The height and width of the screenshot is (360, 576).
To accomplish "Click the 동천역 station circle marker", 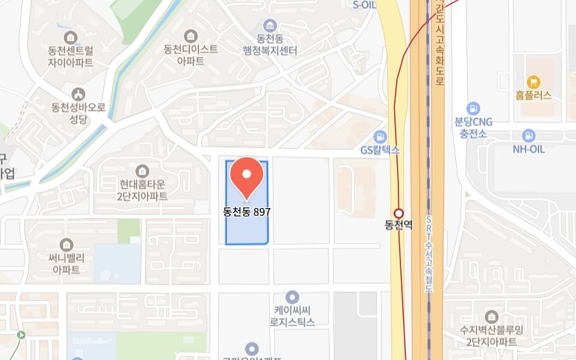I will click(x=398, y=213).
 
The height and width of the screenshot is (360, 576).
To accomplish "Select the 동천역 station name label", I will click(x=398, y=225).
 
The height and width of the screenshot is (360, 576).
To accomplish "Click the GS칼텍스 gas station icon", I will click(x=380, y=136).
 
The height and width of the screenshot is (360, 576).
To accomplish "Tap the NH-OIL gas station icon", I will click(x=528, y=136).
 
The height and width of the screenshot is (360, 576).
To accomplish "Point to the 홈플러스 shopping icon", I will click(x=533, y=82).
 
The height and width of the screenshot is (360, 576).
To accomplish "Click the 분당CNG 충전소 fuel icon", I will click(x=473, y=108).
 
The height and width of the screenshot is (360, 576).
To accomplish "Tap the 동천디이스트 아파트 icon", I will click(x=190, y=35).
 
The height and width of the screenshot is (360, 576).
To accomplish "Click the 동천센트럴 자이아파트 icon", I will click(x=70, y=37).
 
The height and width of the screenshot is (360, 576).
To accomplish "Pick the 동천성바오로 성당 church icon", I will click(x=78, y=94).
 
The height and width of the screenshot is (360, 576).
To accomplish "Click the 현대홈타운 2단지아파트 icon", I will click(x=143, y=171).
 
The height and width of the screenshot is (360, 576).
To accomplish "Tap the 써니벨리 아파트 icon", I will click(x=67, y=244).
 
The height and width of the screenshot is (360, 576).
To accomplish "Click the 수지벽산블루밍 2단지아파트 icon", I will click(x=491, y=316).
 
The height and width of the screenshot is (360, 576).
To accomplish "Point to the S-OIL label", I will click(x=365, y=4).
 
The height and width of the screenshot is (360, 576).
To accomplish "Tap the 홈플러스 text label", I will click(x=533, y=96).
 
